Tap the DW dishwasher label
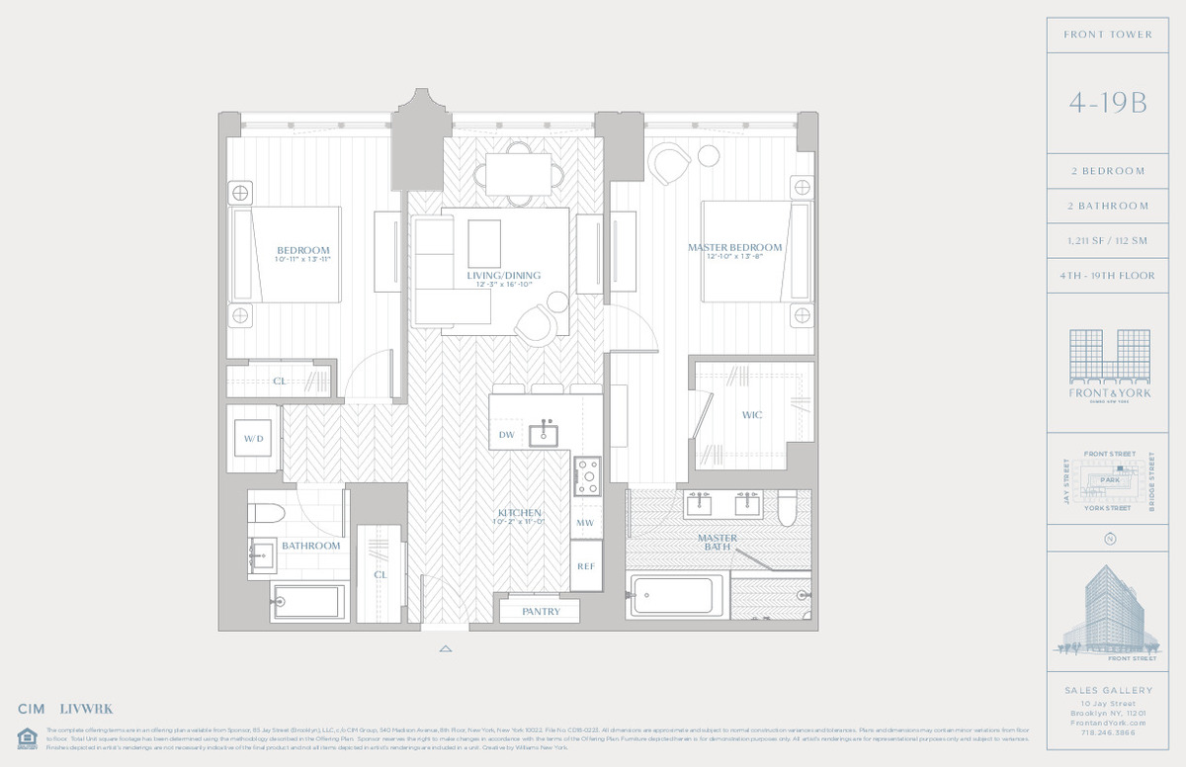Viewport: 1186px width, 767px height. pyautogui.click(x=506, y=435)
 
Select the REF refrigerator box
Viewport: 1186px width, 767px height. pyautogui.click(x=585, y=567)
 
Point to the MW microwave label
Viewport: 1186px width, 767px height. pyautogui.click(x=585, y=523)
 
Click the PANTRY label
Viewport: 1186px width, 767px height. pyautogui.click(x=541, y=612)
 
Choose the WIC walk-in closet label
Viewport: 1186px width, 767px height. pyautogui.click(x=752, y=415)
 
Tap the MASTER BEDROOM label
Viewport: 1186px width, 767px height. pyautogui.click(x=734, y=247)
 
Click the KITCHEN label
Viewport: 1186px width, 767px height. pyautogui.click(x=519, y=513)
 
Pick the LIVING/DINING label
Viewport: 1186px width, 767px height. pyautogui.click(x=504, y=276)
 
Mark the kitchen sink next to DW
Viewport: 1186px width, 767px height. pyautogui.click(x=541, y=434)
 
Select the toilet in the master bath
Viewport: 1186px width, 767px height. pyautogui.click(x=787, y=507)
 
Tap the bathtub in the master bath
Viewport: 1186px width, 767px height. pyautogui.click(x=675, y=595)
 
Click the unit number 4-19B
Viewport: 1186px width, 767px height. pyautogui.click(x=1107, y=103)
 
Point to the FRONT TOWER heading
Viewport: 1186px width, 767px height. pyautogui.click(x=1107, y=35)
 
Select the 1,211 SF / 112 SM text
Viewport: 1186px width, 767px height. pyautogui.click(x=1107, y=240)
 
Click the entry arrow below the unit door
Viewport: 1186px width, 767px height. pyautogui.click(x=446, y=649)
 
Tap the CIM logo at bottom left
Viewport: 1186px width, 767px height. pyautogui.click(x=33, y=709)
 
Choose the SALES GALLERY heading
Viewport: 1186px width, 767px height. pyautogui.click(x=1107, y=691)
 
